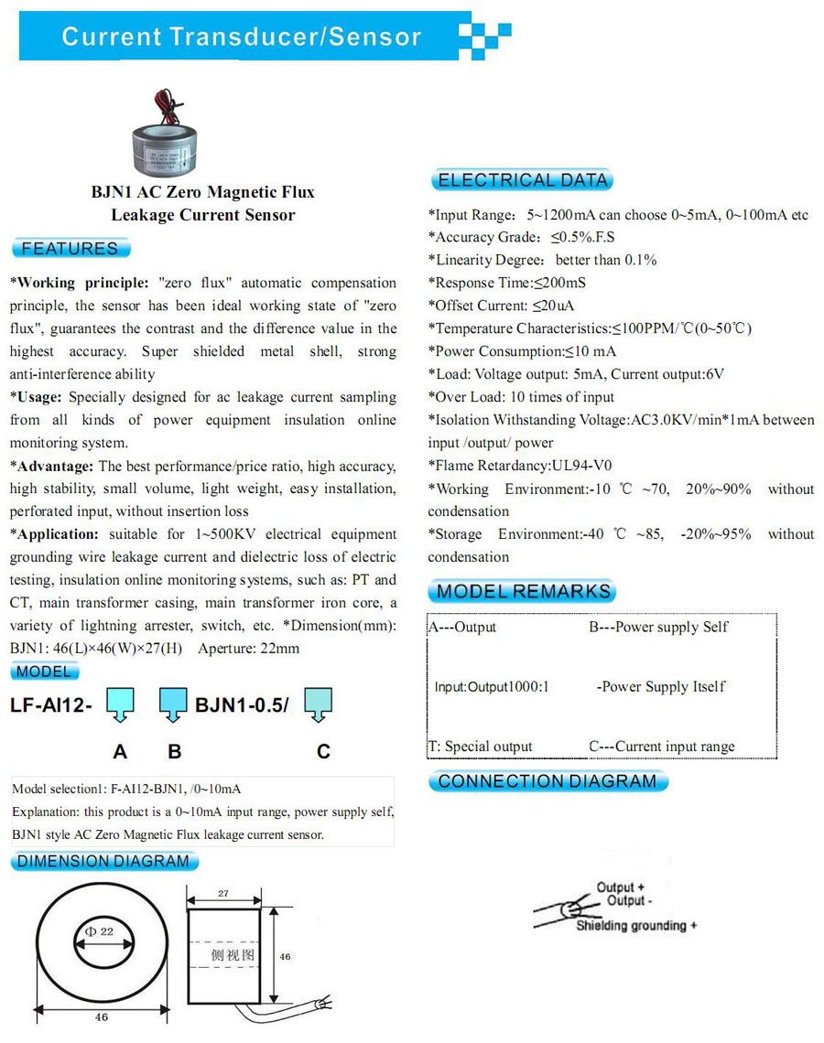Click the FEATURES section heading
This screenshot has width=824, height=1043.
click(70, 249)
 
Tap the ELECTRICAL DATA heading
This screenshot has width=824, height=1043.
click(522, 180)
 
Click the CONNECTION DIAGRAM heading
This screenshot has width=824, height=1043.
click(548, 781)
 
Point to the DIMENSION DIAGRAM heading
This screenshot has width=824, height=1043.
click(103, 861)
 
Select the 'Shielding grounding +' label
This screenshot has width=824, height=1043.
click(636, 926)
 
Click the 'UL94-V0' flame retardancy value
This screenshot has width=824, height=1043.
click(582, 466)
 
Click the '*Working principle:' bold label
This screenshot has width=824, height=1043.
click(78, 283)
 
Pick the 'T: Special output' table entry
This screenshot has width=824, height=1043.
click(481, 747)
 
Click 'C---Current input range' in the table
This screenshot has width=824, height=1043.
click(661, 747)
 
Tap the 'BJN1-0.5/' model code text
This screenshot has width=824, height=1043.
click(243, 705)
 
